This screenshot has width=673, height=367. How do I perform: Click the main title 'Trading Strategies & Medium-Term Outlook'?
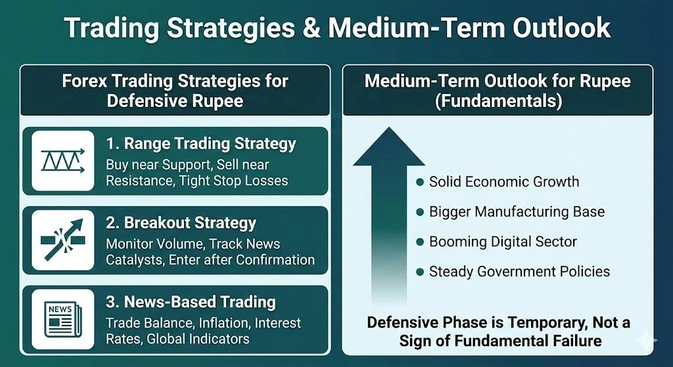(x=336, y=28)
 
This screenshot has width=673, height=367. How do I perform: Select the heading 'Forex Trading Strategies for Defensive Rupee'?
(x=175, y=91)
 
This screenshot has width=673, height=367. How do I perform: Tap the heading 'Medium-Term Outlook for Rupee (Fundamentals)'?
(x=498, y=91)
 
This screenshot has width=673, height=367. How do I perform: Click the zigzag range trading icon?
(x=63, y=161)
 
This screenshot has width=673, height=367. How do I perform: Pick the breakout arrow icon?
(x=63, y=240)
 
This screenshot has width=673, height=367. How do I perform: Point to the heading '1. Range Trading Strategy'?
(x=201, y=143)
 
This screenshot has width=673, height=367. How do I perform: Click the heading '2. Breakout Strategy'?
(x=181, y=222)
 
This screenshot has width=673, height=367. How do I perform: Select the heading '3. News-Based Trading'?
(x=191, y=302)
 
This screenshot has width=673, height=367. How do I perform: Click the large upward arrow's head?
(x=389, y=147)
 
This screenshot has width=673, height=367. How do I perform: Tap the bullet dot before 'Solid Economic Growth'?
(x=419, y=182)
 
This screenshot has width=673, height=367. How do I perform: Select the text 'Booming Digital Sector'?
(x=503, y=242)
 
